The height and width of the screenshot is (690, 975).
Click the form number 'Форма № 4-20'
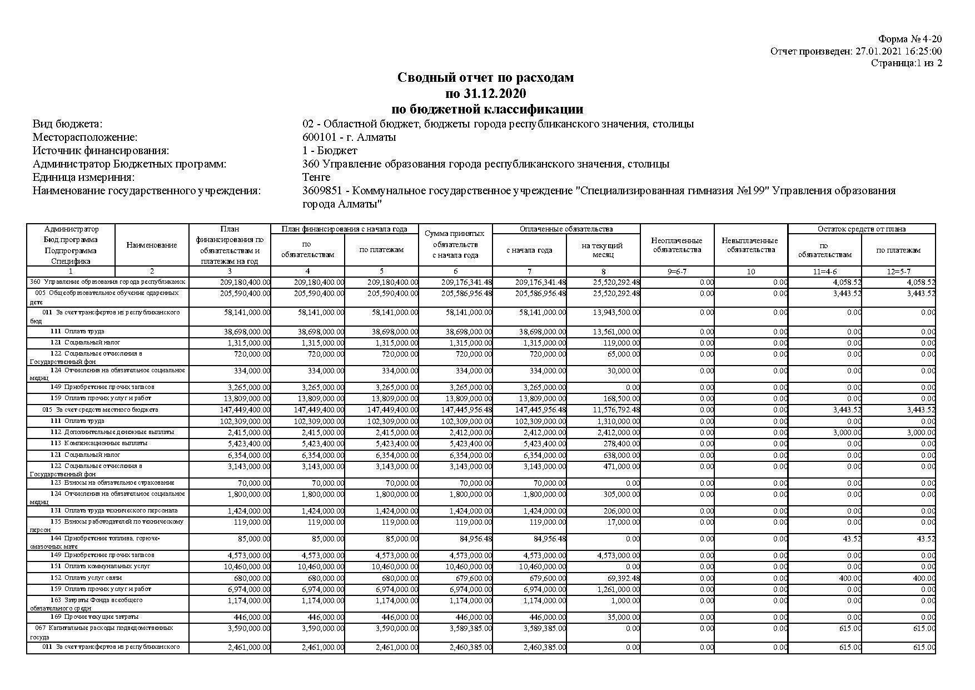coord(909,39)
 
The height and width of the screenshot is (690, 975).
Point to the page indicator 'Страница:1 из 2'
coord(906,63)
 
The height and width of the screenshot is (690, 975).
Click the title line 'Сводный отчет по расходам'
coord(485,77)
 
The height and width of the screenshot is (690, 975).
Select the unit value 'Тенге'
coord(316,178)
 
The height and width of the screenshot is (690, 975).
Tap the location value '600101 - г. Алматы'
coord(349,137)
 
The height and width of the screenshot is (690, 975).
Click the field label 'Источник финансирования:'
coord(101,150)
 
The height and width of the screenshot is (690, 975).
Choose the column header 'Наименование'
coord(152,245)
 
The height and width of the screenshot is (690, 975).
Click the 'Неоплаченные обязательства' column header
coord(676,245)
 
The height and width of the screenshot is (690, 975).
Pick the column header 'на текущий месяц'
coord(603,250)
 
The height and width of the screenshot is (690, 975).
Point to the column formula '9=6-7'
coord(676,272)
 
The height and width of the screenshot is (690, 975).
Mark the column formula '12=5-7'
coord(898,272)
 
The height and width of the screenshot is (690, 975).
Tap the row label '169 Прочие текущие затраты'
coord(94,617)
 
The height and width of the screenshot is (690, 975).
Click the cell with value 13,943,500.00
coord(616,313)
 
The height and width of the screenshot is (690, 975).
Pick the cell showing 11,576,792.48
coord(616,410)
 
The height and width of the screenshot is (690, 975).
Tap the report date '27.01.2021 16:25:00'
coord(898,51)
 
